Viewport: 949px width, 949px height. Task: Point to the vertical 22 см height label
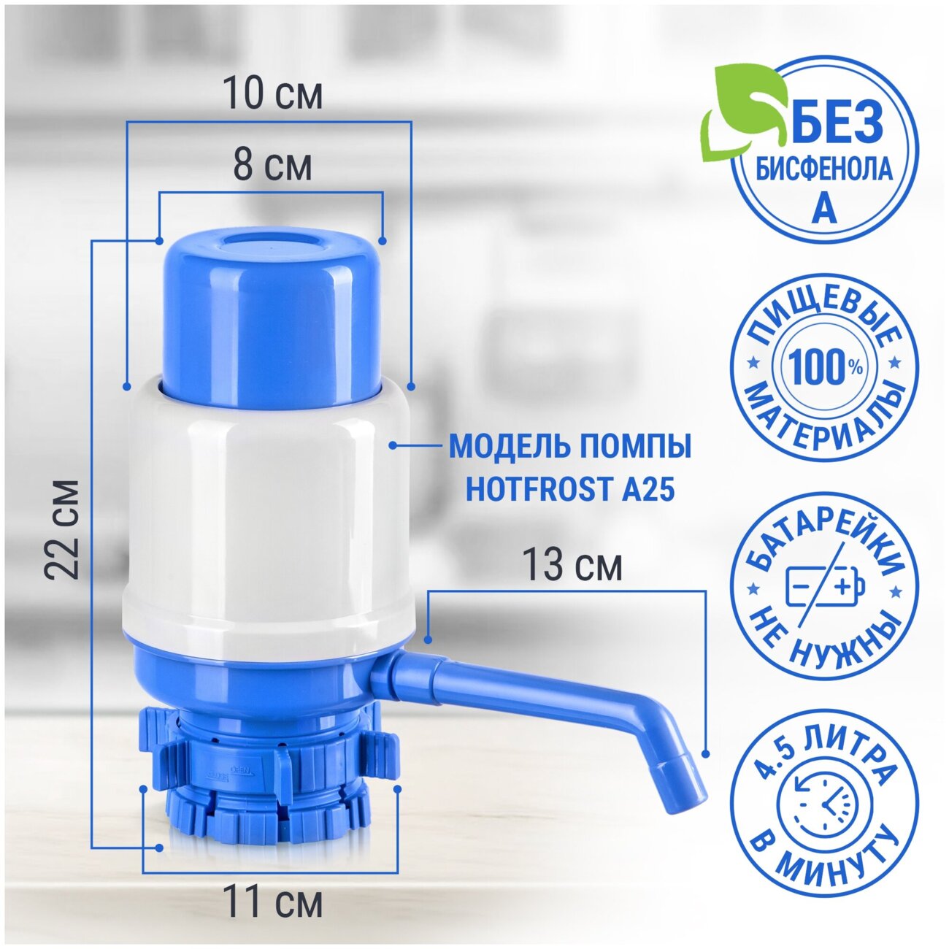click(61, 529)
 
